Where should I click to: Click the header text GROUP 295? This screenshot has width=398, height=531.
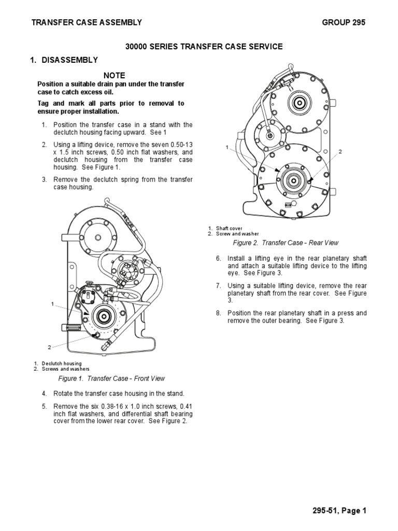click(x=344, y=22)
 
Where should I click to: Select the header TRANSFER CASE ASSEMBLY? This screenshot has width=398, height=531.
click(x=87, y=22)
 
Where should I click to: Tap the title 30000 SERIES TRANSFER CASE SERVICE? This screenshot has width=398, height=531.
click(x=204, y=47)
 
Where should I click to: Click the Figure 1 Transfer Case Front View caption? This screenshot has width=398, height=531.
click(x=111, y=378)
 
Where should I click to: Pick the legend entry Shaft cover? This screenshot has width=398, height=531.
click(x=228, y=228)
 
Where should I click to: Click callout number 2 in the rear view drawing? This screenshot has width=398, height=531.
click(x=340, y=151)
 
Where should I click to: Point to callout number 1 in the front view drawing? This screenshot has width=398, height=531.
click(x=52, y=303)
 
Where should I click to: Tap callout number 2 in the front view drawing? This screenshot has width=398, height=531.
click(x=50, y=347)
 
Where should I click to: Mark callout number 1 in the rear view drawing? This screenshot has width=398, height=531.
click(x=227, y=148)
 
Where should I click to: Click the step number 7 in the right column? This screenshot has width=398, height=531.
click(x=219, y=286)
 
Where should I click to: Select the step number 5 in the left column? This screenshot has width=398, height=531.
click(x=45, y=407)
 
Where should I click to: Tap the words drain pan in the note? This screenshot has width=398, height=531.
click(x=116, y=84)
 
